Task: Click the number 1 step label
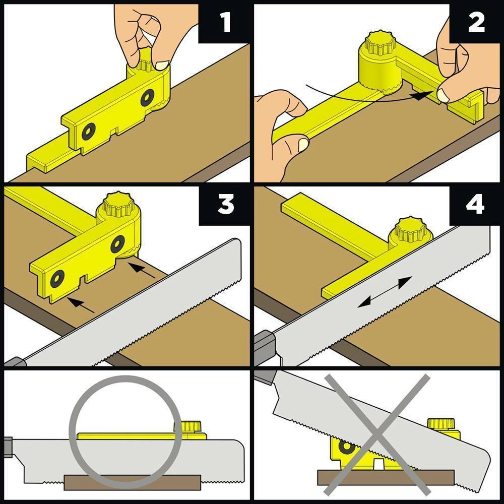tap(225, 23)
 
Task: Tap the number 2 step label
tap(476, 23)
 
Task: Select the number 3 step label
tap(225, 205)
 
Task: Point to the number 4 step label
tap(476, 205)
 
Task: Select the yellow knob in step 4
tap(411, 231)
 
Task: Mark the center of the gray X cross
tap(376, 434)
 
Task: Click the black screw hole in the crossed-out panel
tap(346, 447)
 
